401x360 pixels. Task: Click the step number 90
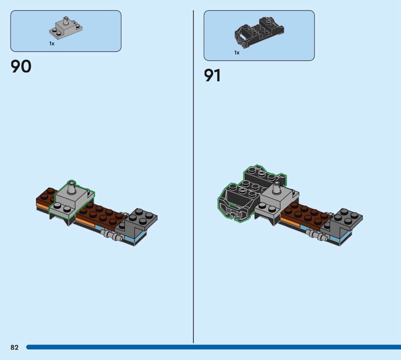pos(21,66)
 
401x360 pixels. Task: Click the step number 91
pos(212,76)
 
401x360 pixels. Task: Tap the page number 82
pos(15,347)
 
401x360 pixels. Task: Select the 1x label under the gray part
pos(52,44)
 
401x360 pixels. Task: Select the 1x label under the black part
pos(237,53)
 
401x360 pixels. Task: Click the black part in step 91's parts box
pos(259,32)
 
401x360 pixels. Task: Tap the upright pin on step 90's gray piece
pos(71,188)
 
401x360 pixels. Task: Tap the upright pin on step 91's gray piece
pos(276,188)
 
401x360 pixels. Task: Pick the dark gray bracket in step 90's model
pos(136,221)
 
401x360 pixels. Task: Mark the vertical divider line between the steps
pos(193,176)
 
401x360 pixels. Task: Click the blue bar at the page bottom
pos(214,347)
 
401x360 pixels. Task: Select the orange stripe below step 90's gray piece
pos(43,205)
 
